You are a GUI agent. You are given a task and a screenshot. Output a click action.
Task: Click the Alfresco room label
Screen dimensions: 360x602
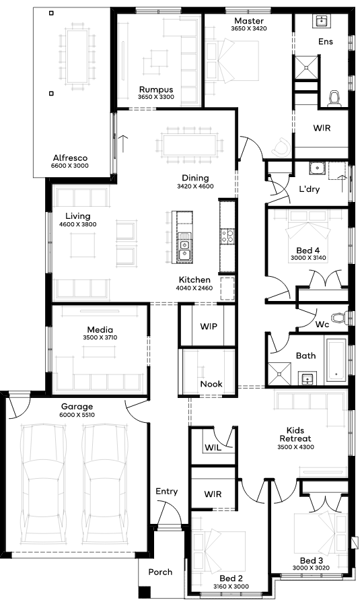click(x=70, y=158)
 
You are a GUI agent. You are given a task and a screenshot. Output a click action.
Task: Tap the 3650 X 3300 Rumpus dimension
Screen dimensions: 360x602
click(x=156, y=97)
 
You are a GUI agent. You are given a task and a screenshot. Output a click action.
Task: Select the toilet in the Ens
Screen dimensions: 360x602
click(x=335, y=98)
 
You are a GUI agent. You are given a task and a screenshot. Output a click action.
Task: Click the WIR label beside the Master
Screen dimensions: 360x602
click(x=322, y=128)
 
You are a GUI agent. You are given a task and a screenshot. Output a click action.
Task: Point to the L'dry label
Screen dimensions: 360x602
click(x=309, y=189)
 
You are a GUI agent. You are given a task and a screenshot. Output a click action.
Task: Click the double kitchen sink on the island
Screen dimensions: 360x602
click(x=184, y=248)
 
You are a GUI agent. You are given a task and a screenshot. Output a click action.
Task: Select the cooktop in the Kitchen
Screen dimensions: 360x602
click(x=227, y=236)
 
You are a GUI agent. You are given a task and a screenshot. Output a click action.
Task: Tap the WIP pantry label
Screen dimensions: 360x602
click(x=209, y=327)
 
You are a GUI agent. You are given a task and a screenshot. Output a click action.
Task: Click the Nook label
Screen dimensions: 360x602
click(x=211, y=384)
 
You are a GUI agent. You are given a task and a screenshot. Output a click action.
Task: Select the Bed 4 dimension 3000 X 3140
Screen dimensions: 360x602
click(x=308, y=258)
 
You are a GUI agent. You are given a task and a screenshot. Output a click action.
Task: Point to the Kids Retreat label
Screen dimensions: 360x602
click(x=295, y=434)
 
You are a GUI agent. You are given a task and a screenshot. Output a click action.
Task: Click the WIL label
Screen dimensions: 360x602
click(x=213, y=448)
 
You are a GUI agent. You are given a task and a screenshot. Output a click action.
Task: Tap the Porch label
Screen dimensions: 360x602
click(x=160, y=572)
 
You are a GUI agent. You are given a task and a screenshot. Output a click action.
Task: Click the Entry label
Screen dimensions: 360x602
click(x=167, y=492)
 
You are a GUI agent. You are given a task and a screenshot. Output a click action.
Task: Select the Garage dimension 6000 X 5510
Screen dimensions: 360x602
click(x=77, y=415)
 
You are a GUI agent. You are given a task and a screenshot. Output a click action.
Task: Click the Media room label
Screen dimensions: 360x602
click(x=100, y=329)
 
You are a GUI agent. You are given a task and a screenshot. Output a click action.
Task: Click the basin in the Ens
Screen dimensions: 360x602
click(x=321, y=21)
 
